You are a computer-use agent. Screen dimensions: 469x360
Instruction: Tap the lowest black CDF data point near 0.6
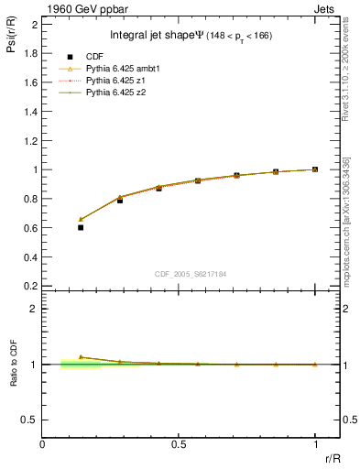point(81,227)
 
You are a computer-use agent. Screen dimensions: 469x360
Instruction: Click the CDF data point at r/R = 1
point(315,169)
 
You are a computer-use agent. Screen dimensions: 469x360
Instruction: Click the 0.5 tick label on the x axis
point(179,444)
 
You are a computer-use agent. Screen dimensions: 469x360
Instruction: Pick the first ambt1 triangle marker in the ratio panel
point(81,357)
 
